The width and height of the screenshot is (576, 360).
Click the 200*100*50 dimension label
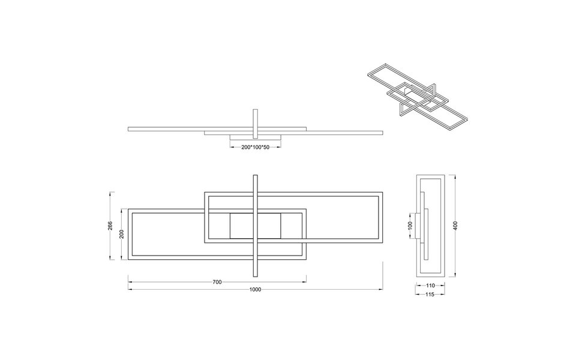[256, 147]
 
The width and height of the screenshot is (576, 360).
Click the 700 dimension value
[217, 281]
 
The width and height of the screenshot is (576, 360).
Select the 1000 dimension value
[255, 290]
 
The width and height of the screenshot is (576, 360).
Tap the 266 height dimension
[110, 226]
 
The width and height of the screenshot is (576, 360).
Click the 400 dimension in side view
[456, 226]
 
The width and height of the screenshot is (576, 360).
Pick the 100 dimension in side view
[410, 224]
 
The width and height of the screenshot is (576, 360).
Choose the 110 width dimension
[430, 286]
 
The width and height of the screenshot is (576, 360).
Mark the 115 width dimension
[430, 295]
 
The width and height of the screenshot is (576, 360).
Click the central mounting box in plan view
[256, 226]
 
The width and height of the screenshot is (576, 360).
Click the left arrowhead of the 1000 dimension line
[130, 290]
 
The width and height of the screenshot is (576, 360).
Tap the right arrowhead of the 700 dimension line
[305, 281]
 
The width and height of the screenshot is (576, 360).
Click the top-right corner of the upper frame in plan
[381, 194]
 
